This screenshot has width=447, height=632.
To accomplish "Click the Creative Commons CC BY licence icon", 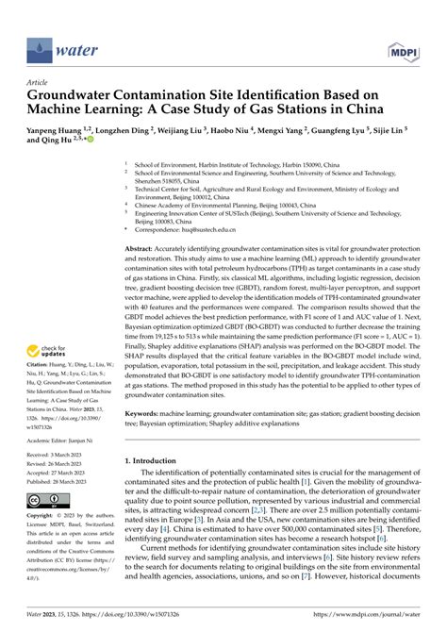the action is coord(45,499).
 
